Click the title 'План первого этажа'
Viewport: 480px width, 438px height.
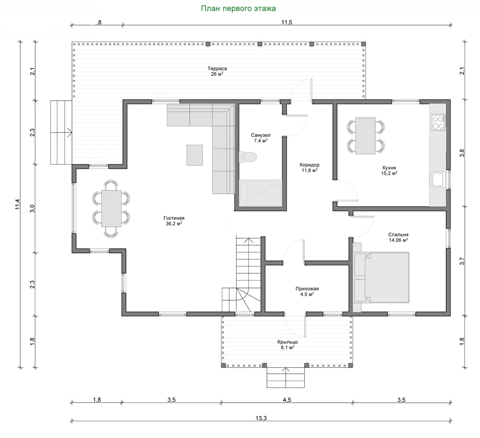[x=238, y=8]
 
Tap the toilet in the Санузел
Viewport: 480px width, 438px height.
[x=247, y=157]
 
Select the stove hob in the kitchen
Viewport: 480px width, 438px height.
[x=438, y=122]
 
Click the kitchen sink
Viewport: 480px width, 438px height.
[x=438, y=180]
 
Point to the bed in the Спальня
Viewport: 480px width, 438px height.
[x=382, y=277]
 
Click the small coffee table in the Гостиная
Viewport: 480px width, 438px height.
[x=195, y=155]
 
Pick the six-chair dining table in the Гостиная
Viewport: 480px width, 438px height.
[x=111, y=208]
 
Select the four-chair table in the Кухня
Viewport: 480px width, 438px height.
[x=365, y=135]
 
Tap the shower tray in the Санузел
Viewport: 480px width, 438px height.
[x=261, y=193]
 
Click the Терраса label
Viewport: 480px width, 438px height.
[x=217, y=69]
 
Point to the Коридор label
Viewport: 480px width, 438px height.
[x=310, y=165]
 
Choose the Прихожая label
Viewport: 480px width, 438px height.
[x=307, y=289]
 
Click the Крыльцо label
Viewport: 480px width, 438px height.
[x=288, y=342]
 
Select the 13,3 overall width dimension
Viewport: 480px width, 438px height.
[x=261, y=418]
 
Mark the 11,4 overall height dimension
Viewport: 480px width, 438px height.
[x=18, y=205]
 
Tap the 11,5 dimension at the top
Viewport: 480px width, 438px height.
[x=287, y=22]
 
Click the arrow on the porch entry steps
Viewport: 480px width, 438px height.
[x=286, y=378]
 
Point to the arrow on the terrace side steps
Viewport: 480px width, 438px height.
[x=61, y=133]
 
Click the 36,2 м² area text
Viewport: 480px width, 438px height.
[x=174, y=224]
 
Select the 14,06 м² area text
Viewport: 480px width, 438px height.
[x=398, y=240]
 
